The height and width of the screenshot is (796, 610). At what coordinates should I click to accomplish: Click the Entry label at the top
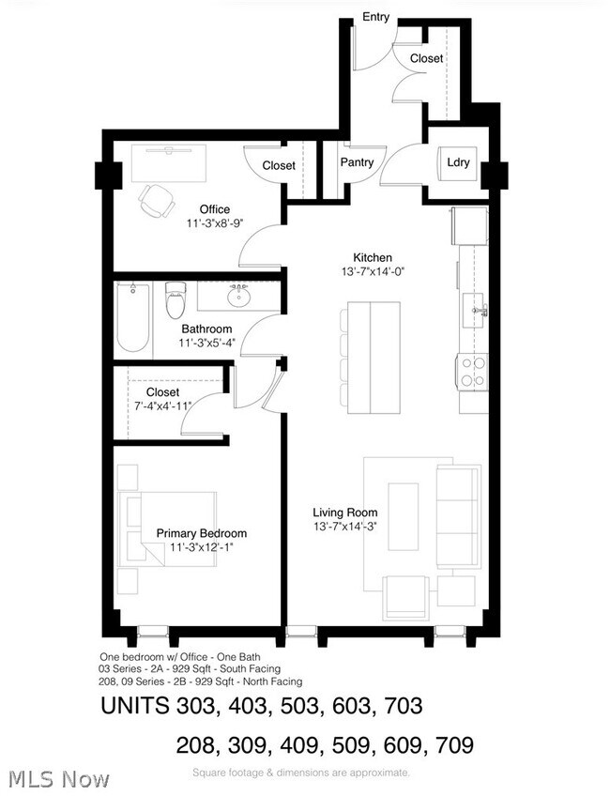point(375,17)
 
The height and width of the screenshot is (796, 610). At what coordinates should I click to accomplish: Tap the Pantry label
point(357,162)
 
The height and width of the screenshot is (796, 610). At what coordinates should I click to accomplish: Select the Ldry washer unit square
point(457,162)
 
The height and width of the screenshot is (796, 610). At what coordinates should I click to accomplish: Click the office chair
point(158,201)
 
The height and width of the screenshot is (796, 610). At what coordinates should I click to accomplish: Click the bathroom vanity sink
point(238,296)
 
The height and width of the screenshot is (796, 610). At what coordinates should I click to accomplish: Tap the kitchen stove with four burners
point(473,372)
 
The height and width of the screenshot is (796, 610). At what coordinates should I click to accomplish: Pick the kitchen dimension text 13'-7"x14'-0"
point(373,271)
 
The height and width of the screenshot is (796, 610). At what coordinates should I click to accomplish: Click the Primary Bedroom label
point(202,533)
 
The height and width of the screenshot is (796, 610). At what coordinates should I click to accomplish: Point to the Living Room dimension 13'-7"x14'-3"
point(344,527)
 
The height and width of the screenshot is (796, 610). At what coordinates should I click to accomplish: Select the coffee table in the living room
point(404,516)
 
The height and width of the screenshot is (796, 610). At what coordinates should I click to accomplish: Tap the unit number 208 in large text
point(197,745)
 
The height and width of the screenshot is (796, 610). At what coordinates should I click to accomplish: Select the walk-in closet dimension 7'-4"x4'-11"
point(163,406)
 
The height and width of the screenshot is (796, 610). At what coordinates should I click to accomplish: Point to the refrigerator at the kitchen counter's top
point(469,225)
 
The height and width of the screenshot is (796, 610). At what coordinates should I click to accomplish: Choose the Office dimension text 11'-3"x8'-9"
point(215,222)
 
